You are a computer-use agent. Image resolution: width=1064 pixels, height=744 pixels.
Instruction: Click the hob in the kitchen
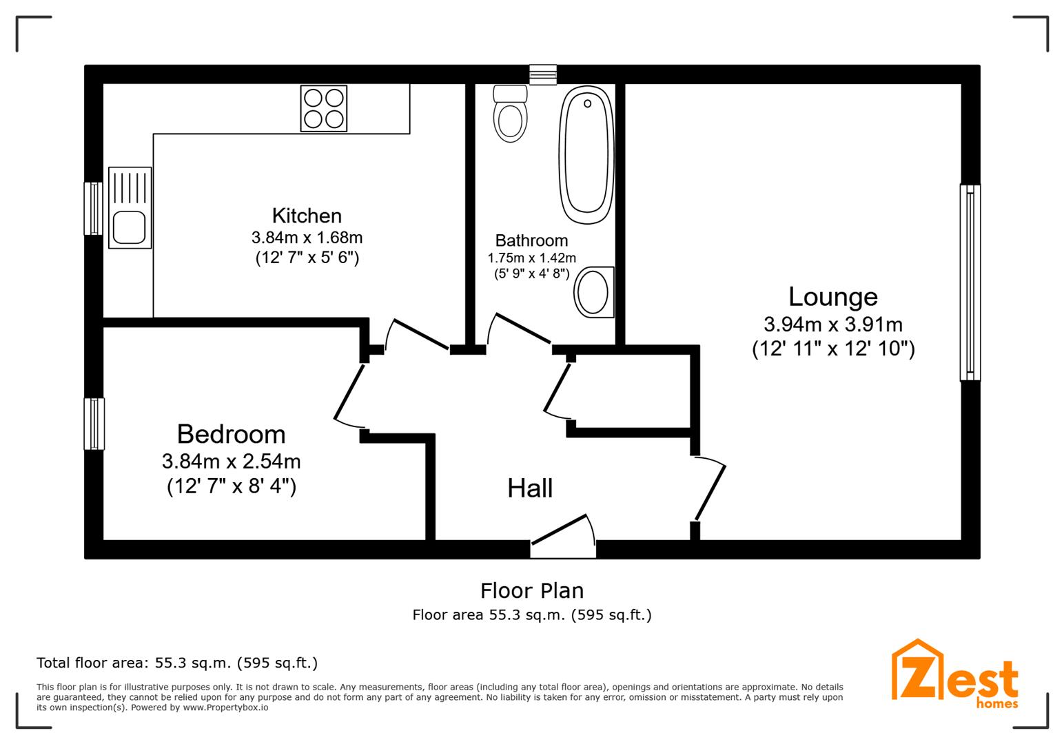click(x=323, y=108)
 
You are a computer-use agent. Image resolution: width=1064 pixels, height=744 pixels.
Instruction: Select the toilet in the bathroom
click(x=510, y=114)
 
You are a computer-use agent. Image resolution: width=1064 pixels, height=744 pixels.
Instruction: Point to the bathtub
click(x=586, y=155)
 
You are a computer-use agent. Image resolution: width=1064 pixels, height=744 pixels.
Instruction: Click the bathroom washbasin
click(x=593, y=292)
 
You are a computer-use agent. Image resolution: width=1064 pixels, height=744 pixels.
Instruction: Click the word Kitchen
click(x=307, y=216)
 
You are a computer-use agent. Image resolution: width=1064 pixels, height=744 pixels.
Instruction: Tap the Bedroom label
click(x=232, y=434)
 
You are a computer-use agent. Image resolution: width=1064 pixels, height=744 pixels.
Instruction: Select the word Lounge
click(x=833, y=297)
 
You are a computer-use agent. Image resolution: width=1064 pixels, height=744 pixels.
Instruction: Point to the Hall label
click(x=530, y=488)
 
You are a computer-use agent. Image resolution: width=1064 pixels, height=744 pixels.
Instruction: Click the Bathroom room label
click(x=531, y=240)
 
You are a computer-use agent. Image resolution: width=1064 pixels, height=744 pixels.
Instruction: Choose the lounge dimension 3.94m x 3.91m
click(x=833, y=324)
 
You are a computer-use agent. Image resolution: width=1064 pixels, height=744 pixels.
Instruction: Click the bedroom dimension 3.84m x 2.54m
click(x=232, y=461)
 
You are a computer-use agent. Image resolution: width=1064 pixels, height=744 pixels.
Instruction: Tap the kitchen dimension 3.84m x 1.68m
click(x=307, y=237)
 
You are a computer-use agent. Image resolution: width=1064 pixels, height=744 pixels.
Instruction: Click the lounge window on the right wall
click(x=970, y=282)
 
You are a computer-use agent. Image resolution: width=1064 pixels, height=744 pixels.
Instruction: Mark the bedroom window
click(x=94, y=424)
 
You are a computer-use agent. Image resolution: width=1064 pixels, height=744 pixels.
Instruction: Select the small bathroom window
click(x=543, y=74)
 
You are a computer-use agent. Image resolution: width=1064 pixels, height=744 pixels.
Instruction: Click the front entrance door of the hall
click(x=563, y=537)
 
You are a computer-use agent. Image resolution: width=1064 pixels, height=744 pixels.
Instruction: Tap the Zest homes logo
click(x=954, y=674)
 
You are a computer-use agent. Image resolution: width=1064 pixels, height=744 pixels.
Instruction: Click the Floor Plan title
click(x=532, y=591)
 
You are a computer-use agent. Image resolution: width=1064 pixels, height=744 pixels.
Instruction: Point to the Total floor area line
click(x=177, y=663)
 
